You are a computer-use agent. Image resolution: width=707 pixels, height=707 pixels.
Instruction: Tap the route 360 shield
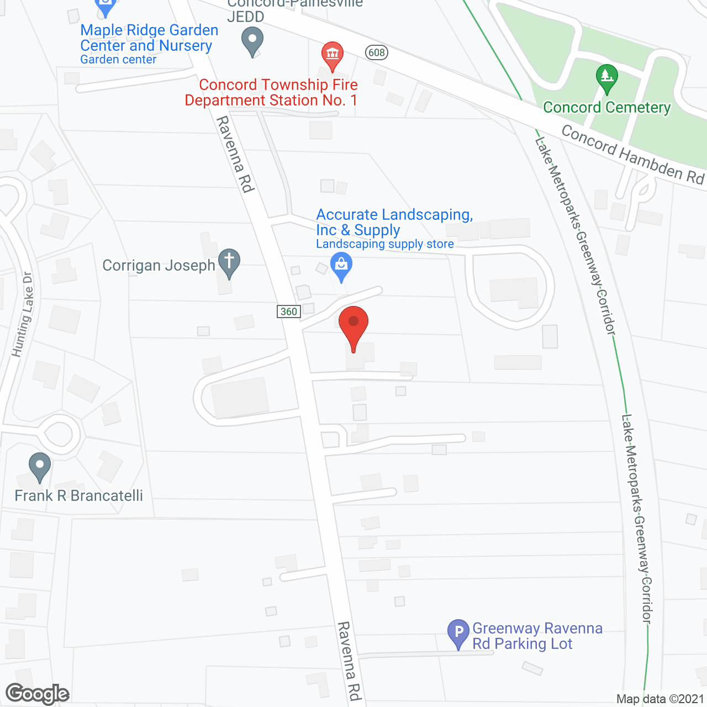coord(288,312)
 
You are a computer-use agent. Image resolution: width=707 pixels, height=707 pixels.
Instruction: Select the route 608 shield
coord(376,52)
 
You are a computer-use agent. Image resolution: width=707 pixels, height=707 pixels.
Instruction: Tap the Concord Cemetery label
coord(606,107)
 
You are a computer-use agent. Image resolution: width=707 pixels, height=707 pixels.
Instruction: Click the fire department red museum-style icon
coord(332,55)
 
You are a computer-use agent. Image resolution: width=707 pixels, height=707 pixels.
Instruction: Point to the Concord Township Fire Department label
coord(271,92)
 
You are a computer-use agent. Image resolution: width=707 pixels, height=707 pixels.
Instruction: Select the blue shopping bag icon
coord(341,265)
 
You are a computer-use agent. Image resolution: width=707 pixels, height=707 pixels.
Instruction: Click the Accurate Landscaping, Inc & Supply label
coord(394,222)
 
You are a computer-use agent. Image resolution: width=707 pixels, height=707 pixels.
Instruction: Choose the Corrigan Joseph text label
coord(159,266)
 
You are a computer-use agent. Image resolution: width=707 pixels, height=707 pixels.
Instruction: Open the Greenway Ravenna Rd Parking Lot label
coord(537,636)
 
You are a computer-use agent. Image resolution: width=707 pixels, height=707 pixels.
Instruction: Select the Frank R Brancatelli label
coord(78,495)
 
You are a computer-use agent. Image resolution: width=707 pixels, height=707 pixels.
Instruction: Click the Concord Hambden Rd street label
coord(632,155)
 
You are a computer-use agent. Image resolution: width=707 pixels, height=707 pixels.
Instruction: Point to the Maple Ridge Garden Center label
coord(149,38)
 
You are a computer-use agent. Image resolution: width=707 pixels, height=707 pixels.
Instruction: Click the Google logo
coord(37,694)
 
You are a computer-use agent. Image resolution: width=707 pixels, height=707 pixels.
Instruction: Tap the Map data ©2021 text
coord(660,699)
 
